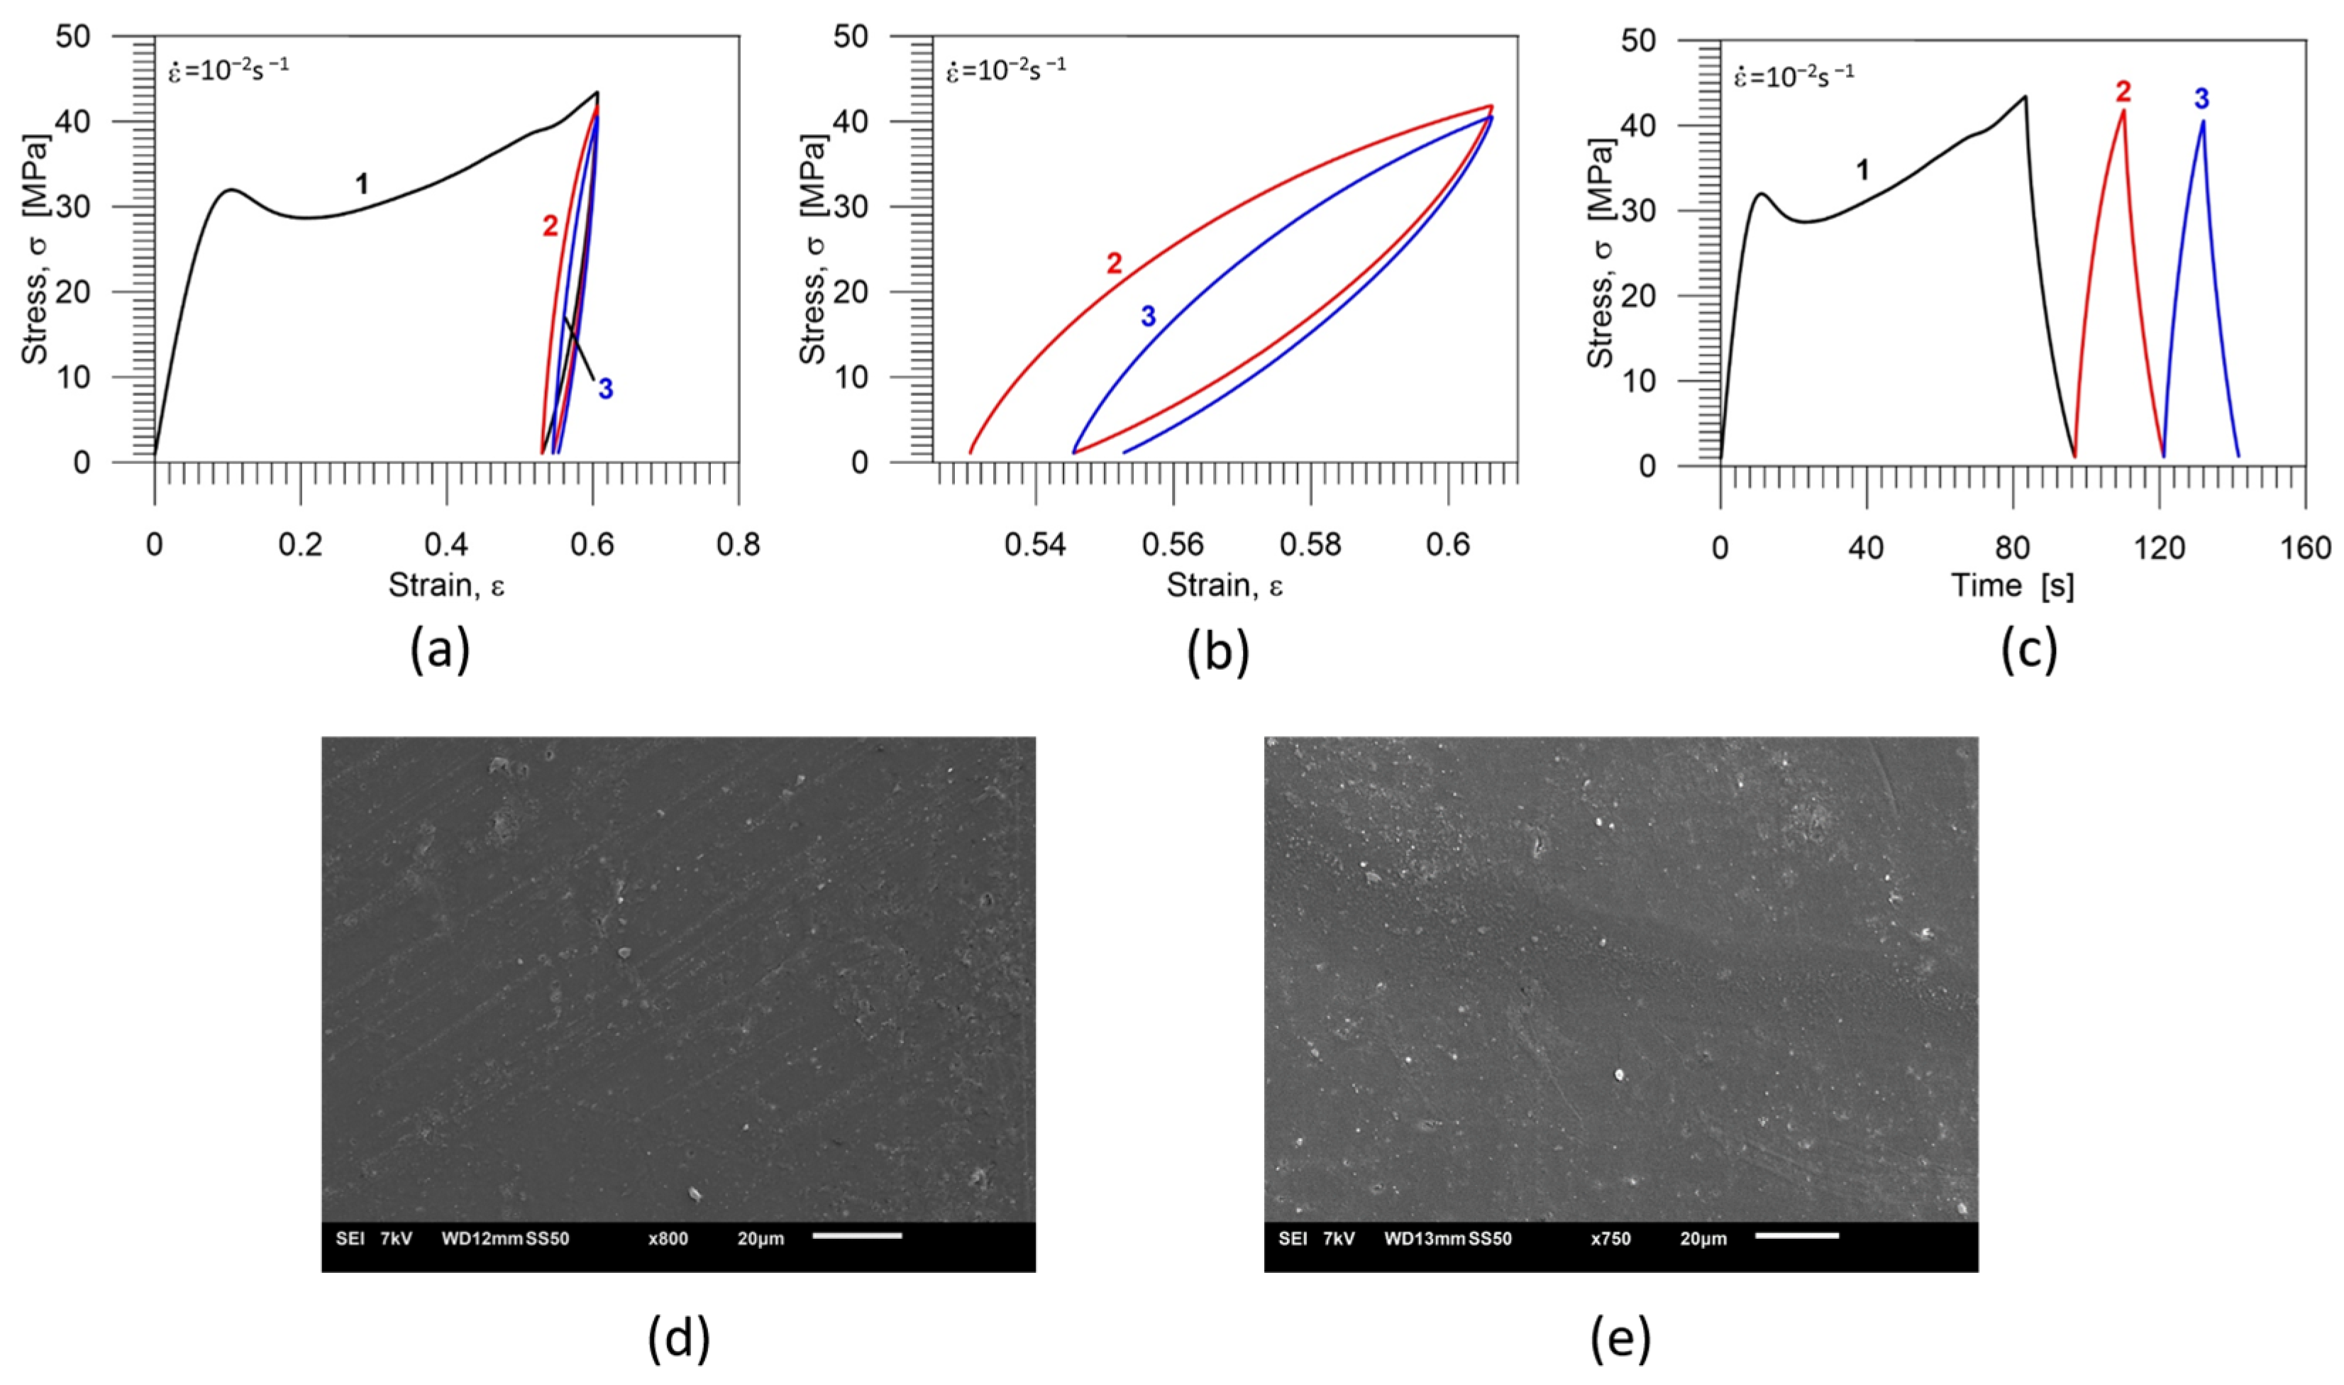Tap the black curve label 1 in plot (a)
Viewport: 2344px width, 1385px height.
click(362, 184)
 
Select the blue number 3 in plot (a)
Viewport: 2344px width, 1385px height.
click(606, 390)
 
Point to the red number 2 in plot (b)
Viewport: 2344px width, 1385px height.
click(1114, 264)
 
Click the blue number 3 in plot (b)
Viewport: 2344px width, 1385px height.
click(1148, 317)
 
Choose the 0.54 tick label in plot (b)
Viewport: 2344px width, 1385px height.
click(1035, 545)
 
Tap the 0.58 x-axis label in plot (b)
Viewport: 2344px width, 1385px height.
click(1310, 545)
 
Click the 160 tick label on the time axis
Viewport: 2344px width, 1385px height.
click(2305, 548)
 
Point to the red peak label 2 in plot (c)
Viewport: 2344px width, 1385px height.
click(2123, 92)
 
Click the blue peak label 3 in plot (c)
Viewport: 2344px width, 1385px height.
click(2201, 98)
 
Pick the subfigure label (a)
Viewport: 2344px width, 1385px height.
click(440, 651)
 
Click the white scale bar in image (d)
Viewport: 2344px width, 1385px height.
click(856, 1236)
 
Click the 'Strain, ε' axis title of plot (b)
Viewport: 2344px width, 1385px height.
click(1224, 586)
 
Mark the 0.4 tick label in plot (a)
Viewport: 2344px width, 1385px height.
click(446, 545)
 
